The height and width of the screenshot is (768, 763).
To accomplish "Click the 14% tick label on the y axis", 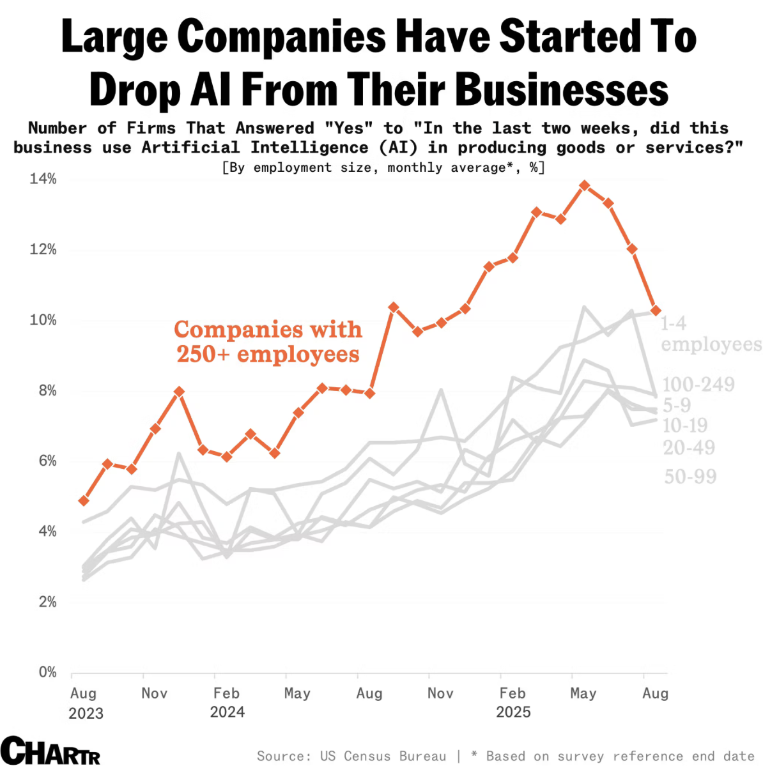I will tap(43, 179).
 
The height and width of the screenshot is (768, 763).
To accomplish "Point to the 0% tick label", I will tap(47, 672).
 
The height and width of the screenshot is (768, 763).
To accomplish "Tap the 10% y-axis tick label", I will tap(43, 320).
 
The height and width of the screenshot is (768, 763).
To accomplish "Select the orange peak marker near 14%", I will tap(584, 186).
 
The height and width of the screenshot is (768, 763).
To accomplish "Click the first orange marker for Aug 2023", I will tap(84, 501).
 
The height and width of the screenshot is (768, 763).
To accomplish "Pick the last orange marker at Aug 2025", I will tap(656, 311).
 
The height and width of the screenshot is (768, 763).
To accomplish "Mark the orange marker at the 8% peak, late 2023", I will tap(180, 392).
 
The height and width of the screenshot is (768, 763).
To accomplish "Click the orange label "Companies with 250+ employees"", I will tap(268, 342).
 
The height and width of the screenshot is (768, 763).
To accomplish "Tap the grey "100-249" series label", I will tap(698, 385).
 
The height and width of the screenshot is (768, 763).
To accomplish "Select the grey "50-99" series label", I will tap(690, 477).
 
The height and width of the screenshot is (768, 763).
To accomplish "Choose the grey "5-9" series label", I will tap(677, 405).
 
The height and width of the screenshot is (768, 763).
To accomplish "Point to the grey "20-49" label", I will tap(689, 448).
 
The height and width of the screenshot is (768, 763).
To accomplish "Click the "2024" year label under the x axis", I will tap(227, 712).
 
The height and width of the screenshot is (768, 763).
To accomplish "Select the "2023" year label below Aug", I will tap(86, 714).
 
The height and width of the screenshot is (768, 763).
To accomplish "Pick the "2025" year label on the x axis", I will tap(513, 712).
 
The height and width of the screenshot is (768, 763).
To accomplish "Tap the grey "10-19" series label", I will tap(685, 426).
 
